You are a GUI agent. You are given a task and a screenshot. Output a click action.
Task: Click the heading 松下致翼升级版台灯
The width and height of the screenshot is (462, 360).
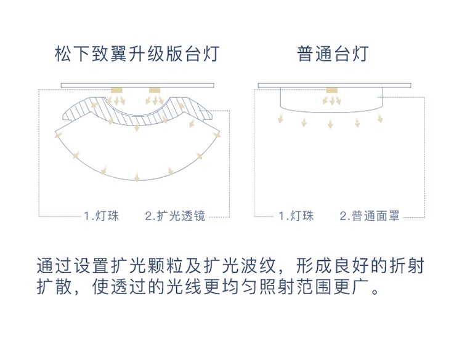click(x=137, y=54)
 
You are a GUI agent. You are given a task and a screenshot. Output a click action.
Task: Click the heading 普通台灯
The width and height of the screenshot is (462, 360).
click(x=333, y=54)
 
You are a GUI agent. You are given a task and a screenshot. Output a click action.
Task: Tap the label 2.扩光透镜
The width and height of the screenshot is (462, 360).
click(x=175, y=216)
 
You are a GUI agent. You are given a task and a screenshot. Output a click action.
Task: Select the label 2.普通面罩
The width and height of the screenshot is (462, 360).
click(x=370, y=216)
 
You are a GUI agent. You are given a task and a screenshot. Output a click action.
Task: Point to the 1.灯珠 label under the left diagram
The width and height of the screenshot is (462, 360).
click(x=102, y=216)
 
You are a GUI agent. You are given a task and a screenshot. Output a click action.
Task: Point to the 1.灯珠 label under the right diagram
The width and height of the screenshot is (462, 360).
click(x=296, y=216)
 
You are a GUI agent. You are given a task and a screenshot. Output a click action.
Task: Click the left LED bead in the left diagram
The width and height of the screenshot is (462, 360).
click(x=116, y=90)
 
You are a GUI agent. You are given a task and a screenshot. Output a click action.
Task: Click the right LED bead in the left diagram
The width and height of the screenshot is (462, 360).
click(x=155, y=90)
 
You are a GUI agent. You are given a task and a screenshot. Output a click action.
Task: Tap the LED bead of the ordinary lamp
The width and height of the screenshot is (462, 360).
click(x=332, y=90)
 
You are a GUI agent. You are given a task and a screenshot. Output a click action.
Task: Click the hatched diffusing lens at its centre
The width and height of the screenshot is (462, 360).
click(x=137, y=119)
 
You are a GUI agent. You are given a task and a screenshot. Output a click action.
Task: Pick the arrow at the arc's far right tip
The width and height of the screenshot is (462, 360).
click(x=216, y=135)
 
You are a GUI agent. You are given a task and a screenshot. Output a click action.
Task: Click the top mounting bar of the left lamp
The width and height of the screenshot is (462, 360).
click(x=137, y=86)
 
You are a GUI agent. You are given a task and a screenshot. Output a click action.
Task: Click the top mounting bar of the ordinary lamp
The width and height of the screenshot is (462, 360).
click(x=334, y=86)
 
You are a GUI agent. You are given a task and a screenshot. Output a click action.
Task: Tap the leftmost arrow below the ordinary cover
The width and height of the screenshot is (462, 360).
click(x=280, y=118)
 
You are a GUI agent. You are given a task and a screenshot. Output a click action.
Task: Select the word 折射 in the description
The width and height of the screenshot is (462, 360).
click(x=407, y=265)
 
